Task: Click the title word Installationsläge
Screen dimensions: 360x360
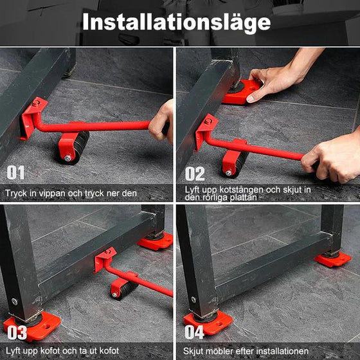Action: point(176,22)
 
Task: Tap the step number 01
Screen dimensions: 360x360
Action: point(15,172)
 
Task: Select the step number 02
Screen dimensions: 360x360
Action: point(195,174)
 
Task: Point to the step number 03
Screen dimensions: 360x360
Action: point(17,332)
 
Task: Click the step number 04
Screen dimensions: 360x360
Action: point(194,332)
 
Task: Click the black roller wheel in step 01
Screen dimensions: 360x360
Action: point(77,148)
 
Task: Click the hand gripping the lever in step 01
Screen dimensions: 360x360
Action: point(161,122)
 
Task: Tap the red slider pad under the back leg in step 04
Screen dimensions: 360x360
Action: point(332,258)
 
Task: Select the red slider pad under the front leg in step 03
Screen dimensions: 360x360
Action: point(32,326)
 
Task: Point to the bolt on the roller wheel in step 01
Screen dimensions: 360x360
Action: point(67,158)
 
